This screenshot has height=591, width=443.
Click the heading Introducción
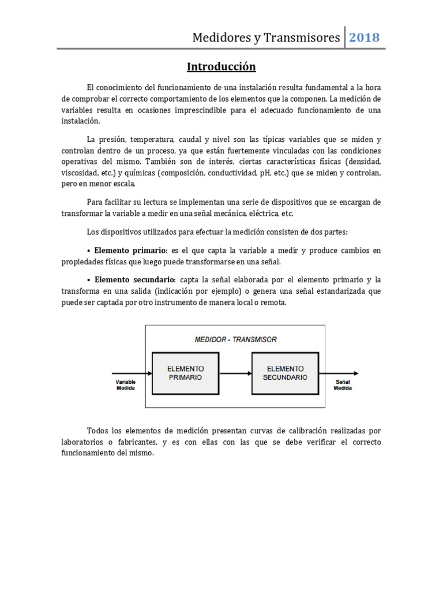pos(221,67)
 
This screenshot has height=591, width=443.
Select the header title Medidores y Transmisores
pos(266,38)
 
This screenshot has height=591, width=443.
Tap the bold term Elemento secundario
pos(133,279)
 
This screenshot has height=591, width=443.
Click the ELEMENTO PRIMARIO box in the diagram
pos(185,373)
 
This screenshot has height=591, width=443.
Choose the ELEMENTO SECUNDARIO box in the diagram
pos(285,373)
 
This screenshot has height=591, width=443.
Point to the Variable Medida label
pos(125,385)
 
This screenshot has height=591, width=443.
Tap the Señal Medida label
pos(343,385)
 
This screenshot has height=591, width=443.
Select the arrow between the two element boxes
pos(235,373)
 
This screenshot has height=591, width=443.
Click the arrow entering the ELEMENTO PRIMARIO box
pos(131,373)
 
